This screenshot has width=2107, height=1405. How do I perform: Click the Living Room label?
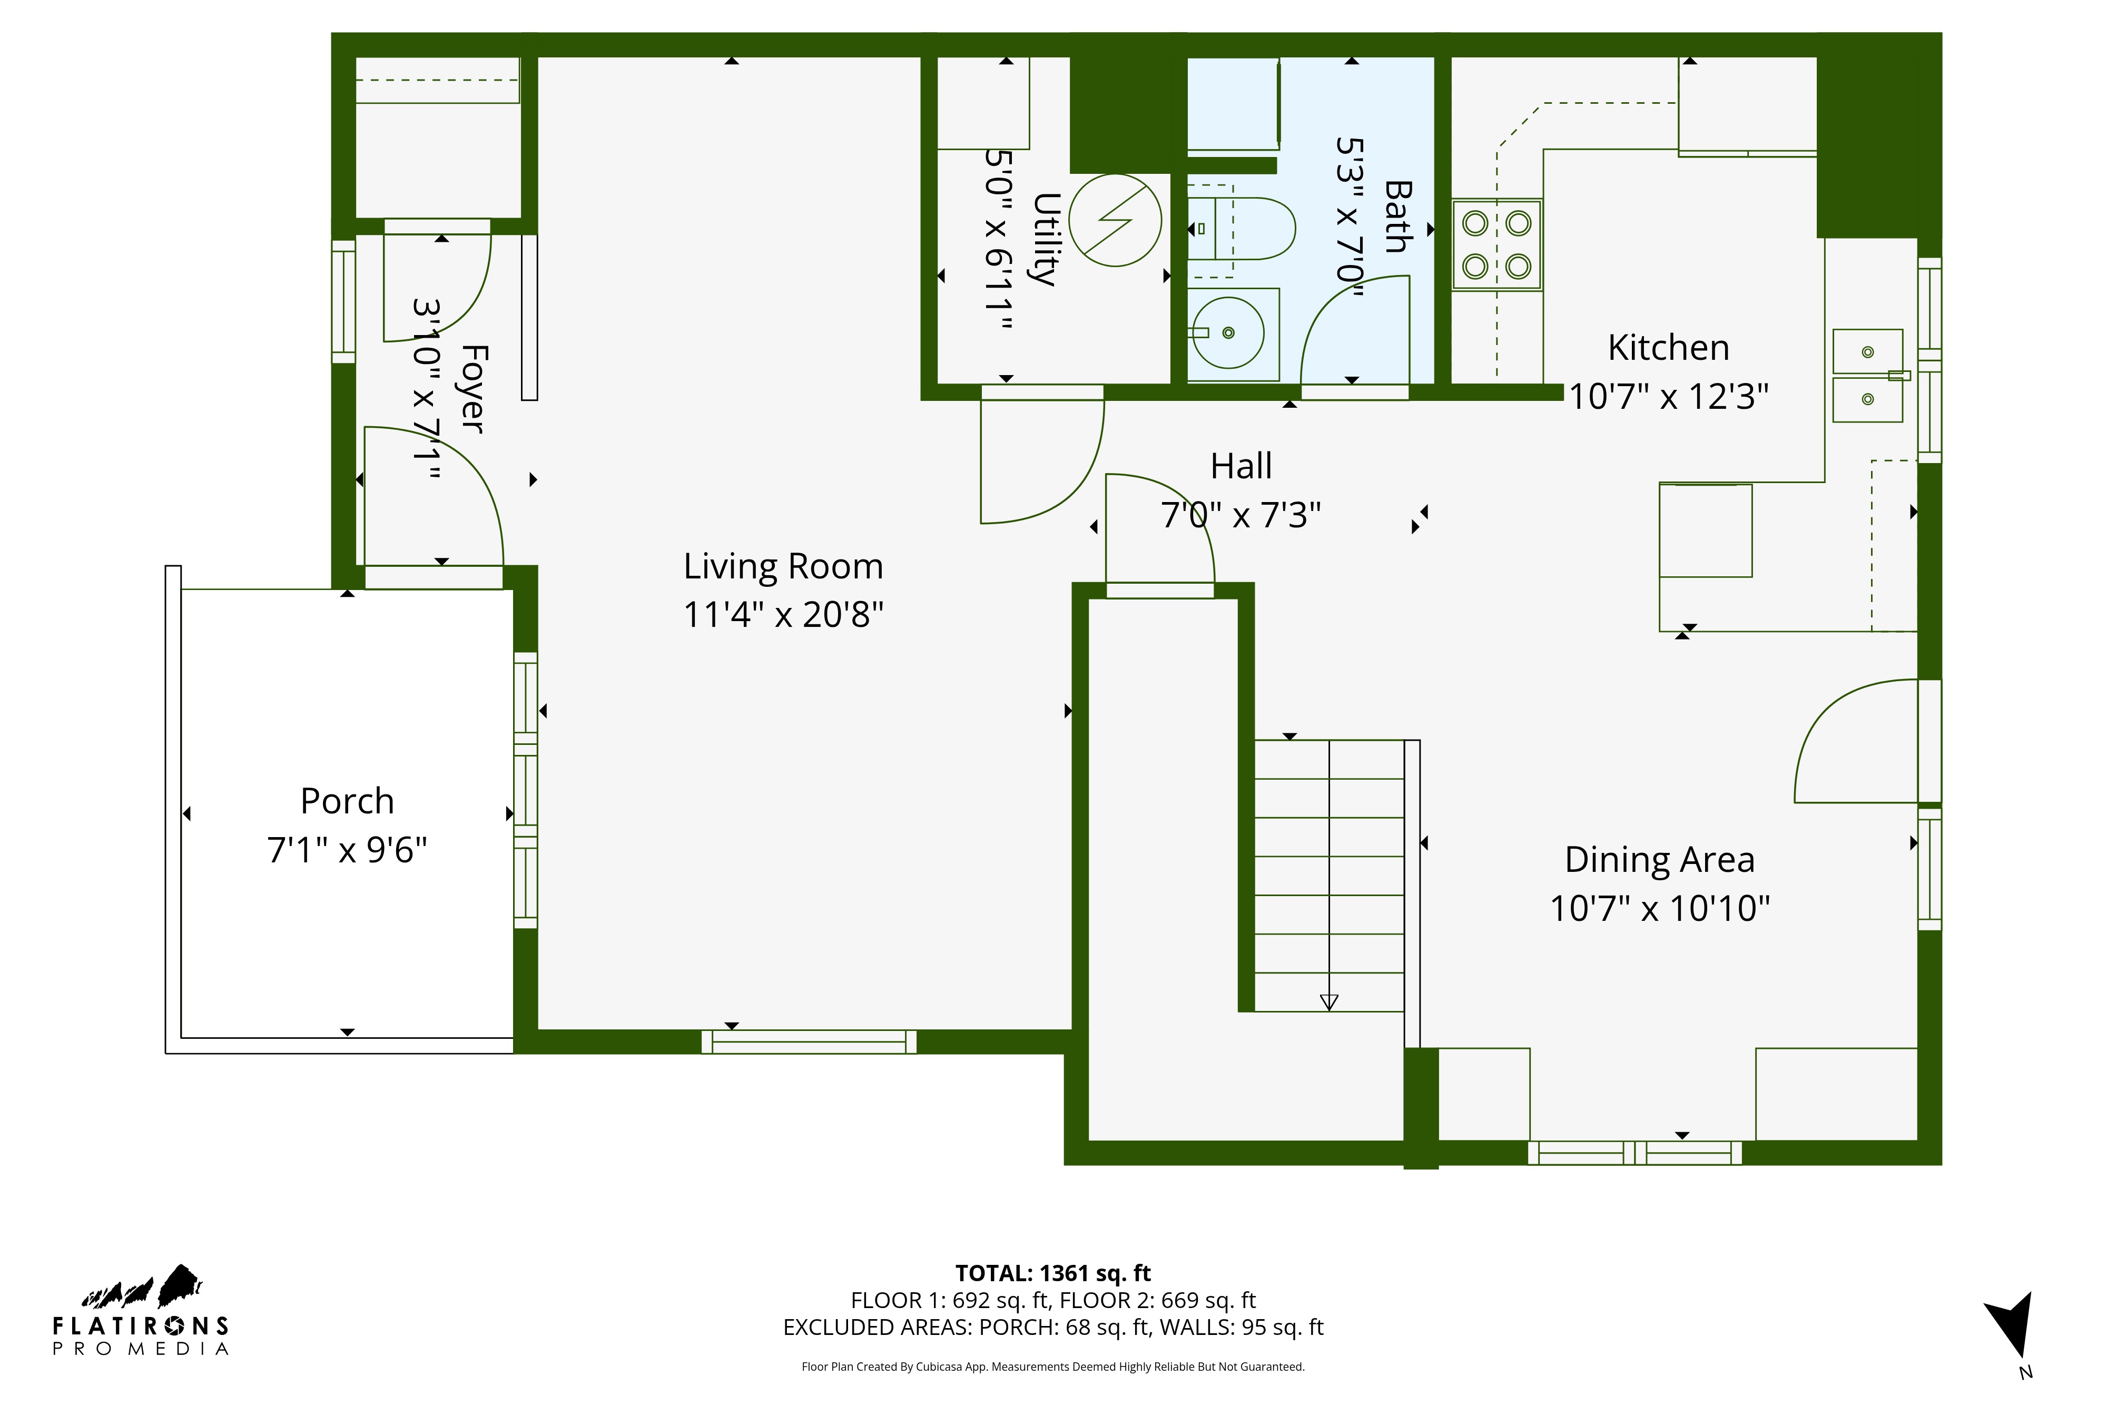(783, 566)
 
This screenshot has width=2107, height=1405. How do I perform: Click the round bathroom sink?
(1228, 332)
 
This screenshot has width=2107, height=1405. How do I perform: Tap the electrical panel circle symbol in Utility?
(1115, 220)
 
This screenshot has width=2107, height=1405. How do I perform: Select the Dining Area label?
(1659, 859)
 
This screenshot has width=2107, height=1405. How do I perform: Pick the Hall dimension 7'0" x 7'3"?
(1240, 515)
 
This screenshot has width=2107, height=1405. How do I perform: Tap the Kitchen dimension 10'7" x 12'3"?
(1668, 396)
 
